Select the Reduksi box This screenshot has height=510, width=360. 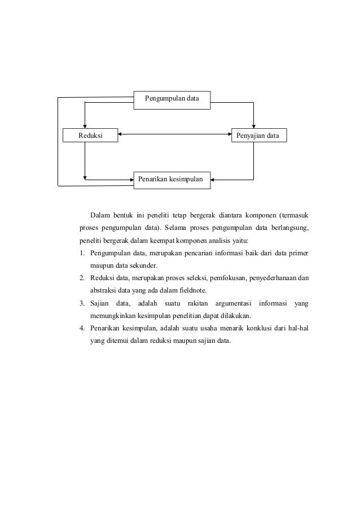click(90, 136)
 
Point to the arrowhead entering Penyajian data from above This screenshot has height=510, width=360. click(254, 127)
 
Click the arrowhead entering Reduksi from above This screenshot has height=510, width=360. click(84, 127)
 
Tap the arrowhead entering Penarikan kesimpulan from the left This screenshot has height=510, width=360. click(130, 180)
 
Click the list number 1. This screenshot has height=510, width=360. click(82, 254)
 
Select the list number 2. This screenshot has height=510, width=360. click(82, 278)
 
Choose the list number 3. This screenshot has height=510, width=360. click(82, 303)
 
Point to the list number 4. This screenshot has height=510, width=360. click(82, 328)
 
